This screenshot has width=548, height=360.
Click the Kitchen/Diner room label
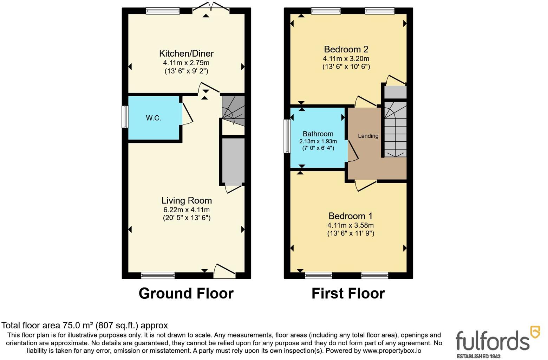[186, 53]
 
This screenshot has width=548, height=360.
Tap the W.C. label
[154, 118]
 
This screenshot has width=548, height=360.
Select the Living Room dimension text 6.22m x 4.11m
[186, 210]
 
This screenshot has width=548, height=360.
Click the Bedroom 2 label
[346, 49]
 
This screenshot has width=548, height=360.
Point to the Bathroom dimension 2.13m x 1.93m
[318, 141]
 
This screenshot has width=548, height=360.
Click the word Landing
[368, 136]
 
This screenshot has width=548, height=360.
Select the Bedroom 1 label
[350, 216]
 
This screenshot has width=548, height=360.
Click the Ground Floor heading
[186, 293]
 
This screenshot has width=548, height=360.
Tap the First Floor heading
[348, 293]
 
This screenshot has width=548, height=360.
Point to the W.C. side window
[125, 117]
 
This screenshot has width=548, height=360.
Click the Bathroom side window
[287, 136]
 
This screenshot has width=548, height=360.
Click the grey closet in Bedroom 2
[395, 92]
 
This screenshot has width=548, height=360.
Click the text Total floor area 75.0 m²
[85, 326]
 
